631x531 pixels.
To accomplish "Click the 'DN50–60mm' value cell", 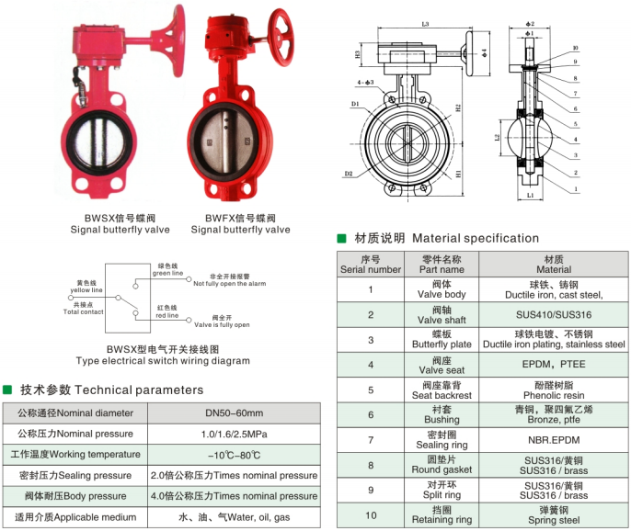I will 235,413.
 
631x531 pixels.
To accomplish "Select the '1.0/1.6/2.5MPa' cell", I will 235,434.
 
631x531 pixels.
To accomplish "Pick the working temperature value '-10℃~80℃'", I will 235,455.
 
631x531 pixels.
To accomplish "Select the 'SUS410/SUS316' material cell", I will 553,315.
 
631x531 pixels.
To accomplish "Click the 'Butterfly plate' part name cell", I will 442,340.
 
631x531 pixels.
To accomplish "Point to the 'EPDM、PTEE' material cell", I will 553,365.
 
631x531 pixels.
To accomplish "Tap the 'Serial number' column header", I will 370,265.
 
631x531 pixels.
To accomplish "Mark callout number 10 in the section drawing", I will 575,48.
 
